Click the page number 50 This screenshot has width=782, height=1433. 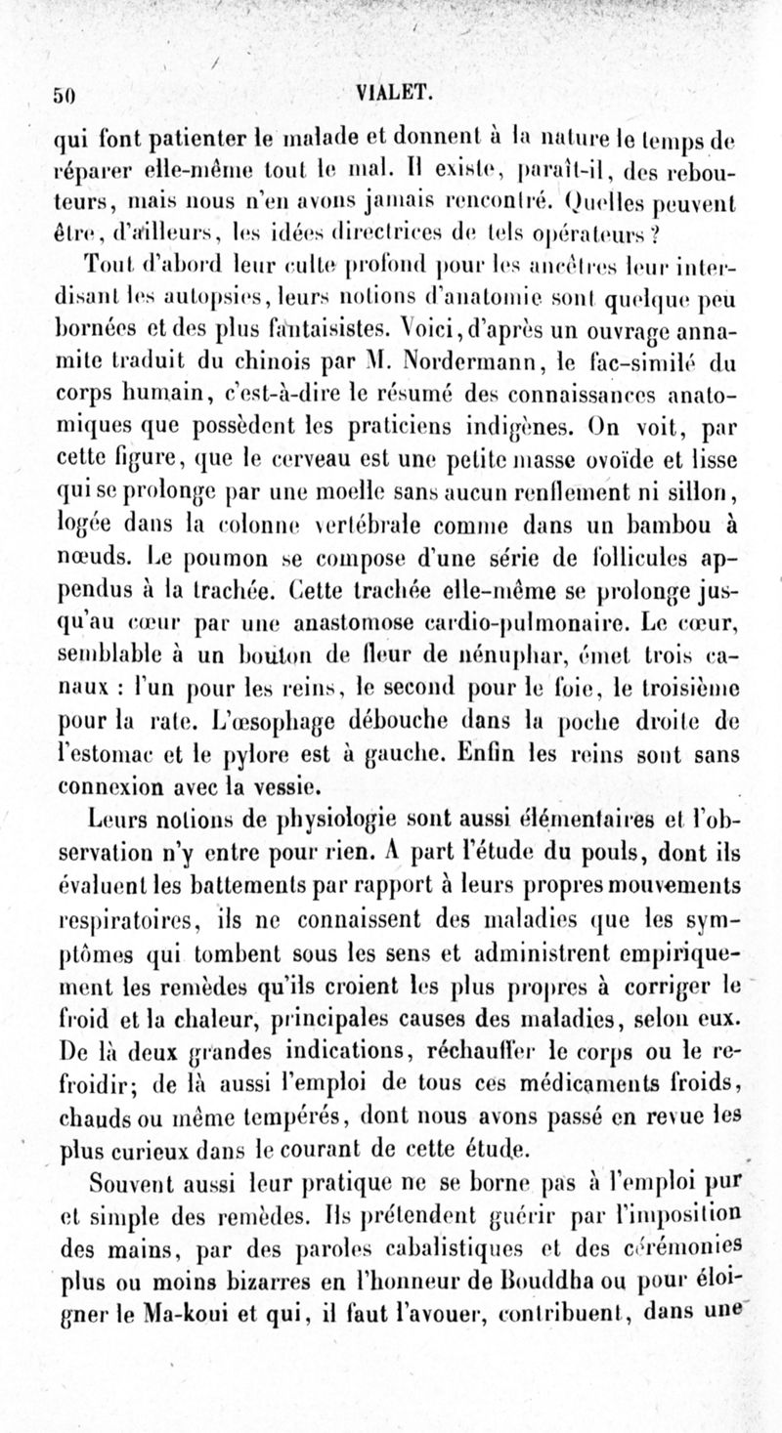pyautogui.click(x=65, y=96)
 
